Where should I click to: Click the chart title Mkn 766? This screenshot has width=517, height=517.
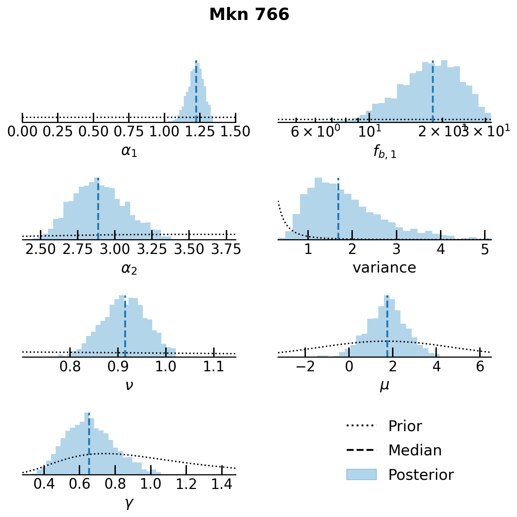(x=249, y=15)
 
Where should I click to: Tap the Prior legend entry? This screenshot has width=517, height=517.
(x=405, y=426)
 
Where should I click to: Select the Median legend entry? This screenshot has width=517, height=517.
(x=415, y=450)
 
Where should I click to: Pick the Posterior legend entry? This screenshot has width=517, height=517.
(x=421, y=475)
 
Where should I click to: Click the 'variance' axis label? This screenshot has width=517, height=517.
(x=384, y=268)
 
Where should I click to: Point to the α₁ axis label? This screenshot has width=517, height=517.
(x=129, y=151)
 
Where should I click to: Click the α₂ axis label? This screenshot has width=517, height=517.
(x=129, y=268)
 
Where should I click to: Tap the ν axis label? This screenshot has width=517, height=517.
(x=129, y=385)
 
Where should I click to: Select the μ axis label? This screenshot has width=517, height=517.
(x=384, y=386)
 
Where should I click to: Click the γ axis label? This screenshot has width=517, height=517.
(x=129, y=503)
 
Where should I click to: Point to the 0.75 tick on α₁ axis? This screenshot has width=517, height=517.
(x=129, y=131)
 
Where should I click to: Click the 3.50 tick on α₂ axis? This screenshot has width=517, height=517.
(x=189, y=249)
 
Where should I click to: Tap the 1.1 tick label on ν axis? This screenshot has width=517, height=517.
(x=214, y=366)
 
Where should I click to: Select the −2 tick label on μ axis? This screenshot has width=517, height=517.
(x=306, y=366)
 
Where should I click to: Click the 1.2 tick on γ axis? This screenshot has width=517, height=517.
(x=186, y=484)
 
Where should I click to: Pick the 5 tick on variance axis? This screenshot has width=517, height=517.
(x=485, y=249)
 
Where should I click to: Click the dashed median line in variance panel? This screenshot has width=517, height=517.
(x=338, y=210)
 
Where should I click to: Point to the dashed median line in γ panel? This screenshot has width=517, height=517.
(x=89, y=445)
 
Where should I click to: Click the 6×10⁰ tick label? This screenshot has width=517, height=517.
(x=315, y=132)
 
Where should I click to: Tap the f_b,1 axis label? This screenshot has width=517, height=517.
(x=385, y=152)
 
